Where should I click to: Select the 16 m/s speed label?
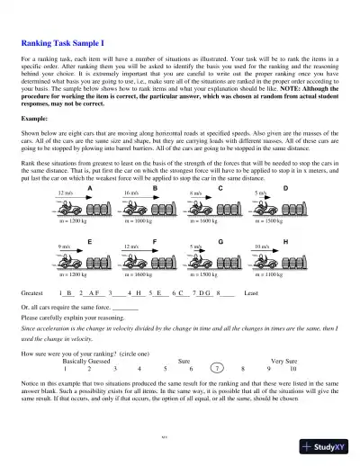(x=131, y=193)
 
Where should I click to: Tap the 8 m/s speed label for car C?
(x=195, y=193)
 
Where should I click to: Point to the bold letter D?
(x=285, y=187)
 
